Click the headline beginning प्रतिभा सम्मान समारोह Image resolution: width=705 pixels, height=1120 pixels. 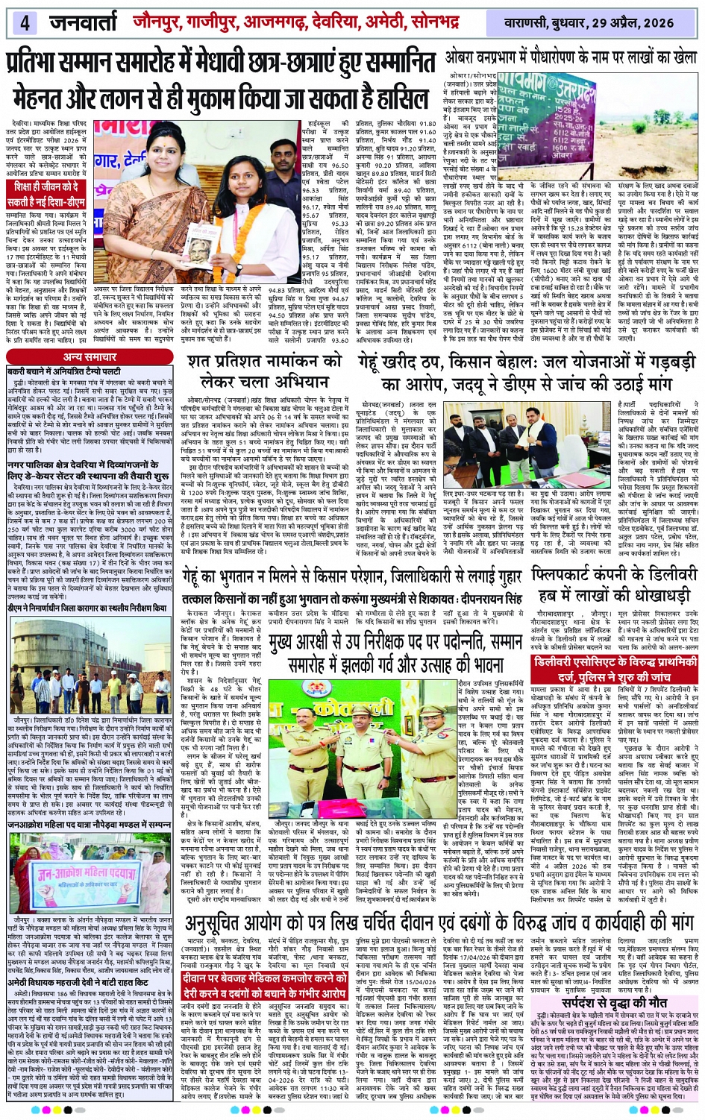coord(222,61)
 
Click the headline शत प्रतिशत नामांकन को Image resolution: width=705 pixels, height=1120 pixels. coord(264,371)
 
